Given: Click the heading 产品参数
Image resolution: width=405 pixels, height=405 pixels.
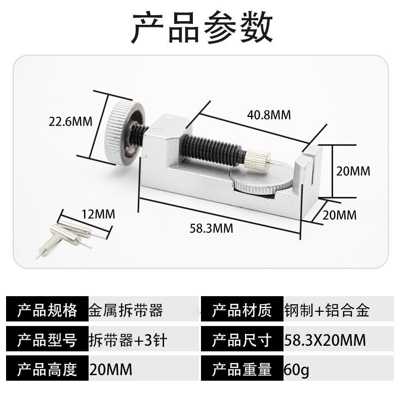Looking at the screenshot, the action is click(x=202, y=27).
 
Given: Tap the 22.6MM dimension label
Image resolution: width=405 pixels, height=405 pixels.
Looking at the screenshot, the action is click(x=70, y=121).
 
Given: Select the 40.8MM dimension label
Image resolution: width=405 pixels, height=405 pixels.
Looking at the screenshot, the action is click(x=269, y=115).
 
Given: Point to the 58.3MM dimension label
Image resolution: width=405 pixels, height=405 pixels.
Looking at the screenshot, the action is click(x=211, y=228).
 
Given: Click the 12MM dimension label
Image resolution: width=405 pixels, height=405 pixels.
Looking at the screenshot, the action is click(x=98, y=214).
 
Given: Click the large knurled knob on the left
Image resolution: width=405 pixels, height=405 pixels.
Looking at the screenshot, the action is click(x=124, y=133).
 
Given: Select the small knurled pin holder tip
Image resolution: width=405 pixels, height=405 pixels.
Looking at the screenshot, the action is click(x=257, y=158).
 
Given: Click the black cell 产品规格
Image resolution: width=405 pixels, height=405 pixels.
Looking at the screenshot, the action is click(x=47, y=309).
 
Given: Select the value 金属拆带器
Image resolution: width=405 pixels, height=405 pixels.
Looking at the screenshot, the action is click(x=126, y=310).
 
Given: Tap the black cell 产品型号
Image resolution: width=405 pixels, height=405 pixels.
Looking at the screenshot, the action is click(x=47, y=339).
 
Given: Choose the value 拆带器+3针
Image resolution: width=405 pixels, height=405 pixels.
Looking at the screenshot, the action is click(x=128, y=340).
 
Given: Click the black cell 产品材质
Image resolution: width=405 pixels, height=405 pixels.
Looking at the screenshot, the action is click(x=242, y=309).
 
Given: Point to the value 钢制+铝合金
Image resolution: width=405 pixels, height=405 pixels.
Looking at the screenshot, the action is click(x=327, y=310).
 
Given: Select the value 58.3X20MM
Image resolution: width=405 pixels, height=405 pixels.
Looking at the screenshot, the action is click(x=325, y=340).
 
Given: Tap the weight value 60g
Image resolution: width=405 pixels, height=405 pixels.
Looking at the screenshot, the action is click(x=296, y=370).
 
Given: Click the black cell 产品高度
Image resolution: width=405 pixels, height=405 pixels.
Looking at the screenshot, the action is click(x=47, y=369).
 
